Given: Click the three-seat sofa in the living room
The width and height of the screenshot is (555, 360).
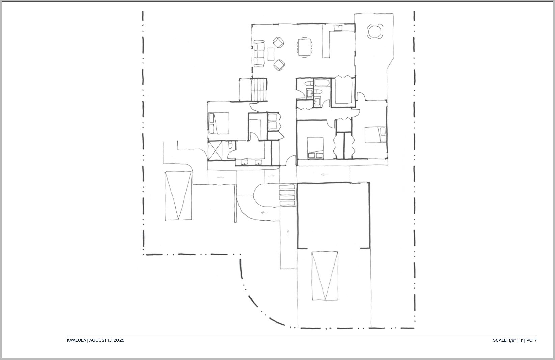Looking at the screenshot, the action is click(x=259, y=54).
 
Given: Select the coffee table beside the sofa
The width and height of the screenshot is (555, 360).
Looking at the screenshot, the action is click(x=271, y=54).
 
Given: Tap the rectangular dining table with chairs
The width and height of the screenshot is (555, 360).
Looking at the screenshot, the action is click(x=305, y=47).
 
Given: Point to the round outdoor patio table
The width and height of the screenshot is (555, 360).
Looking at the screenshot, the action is click(x=375, y=31).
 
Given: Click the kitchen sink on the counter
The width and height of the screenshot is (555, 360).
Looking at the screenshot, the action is click(x=338, y=27).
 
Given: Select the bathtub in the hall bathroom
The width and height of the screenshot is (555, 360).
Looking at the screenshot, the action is click(x=322, y=83).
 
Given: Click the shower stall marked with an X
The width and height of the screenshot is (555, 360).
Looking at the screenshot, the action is click(x=215, y=150).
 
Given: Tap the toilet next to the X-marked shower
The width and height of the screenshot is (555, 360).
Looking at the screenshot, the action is click(x=230, y=145).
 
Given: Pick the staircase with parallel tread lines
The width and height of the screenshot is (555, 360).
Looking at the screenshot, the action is click(x=259, y=90).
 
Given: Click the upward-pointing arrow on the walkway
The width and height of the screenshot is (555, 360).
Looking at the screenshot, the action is click(x=288, y=233).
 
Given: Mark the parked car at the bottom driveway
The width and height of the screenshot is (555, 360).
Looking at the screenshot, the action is click(x=325, y=276).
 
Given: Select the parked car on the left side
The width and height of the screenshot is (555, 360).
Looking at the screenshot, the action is click(x=178, y=195).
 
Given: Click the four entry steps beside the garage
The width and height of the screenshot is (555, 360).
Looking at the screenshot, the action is click(x=287, y=195).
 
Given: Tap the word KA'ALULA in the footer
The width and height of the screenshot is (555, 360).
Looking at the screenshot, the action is click(x=76, y=340).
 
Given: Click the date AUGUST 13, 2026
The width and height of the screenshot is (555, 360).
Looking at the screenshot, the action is click(x=107, y=340).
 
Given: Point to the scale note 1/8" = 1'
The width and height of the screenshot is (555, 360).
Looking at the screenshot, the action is click(x=516, y=340).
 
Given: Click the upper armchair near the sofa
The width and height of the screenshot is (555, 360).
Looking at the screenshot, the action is click(x=278, y=43).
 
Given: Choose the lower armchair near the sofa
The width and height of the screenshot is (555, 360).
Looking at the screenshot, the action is click(x=279, y=65).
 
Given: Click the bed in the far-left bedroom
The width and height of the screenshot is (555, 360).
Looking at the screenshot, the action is click(x=219, y=123).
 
